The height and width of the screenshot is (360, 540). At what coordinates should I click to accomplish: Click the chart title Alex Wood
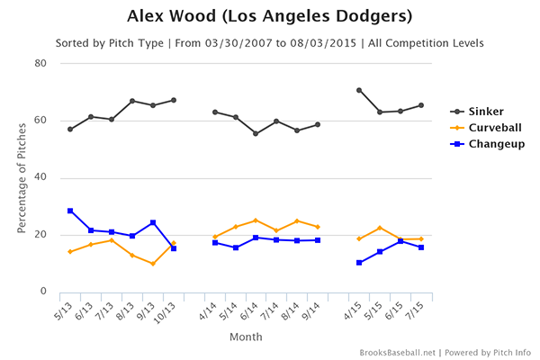coord(269,16)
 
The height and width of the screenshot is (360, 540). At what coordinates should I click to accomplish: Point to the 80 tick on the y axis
coord(40,63)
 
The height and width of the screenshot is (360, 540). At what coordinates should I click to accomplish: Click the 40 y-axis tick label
coord(40,177)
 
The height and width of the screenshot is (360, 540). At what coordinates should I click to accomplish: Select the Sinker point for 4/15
coord(359,90)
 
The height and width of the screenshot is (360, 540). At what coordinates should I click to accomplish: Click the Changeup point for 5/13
coord(70,211)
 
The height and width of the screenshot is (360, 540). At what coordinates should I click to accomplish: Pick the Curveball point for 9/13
coord(153,264)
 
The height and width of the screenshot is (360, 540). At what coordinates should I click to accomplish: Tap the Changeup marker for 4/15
coord(359,263)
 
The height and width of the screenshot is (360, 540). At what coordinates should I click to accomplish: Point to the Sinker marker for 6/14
coord(256,133)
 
